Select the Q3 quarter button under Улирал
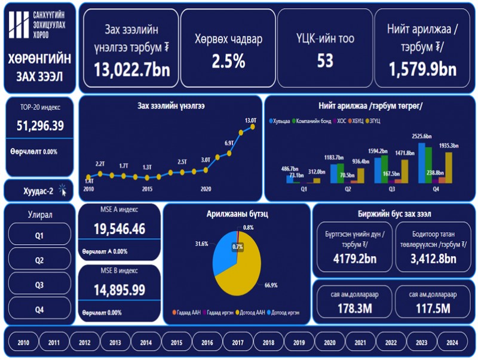click(39, 285)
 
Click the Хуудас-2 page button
click(39, 191)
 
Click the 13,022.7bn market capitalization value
click(132, 69)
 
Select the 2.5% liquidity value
click(228, 61)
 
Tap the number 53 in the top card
click(325, 61)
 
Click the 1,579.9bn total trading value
click(423, 69)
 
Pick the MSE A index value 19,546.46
click(119, 229)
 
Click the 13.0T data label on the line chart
click(250, 120)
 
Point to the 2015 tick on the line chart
click(147, 189)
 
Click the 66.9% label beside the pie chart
click(271, 285)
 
